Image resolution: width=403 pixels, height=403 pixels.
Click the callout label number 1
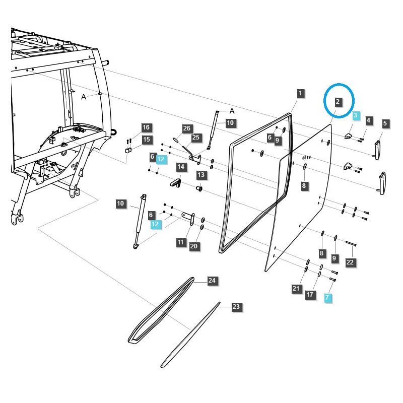(300, 93)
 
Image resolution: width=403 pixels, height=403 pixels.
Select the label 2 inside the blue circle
(338, 101)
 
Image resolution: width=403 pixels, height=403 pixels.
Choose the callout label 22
(350, 262)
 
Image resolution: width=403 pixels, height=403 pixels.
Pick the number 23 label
(236, 306)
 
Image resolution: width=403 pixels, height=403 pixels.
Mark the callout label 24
(212, 281)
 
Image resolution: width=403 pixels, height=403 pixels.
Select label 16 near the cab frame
(146, 127)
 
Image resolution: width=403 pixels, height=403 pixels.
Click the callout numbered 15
(146, 140)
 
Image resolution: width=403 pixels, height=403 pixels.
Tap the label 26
(186, 128)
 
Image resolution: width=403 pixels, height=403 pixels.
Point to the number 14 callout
(180, 166)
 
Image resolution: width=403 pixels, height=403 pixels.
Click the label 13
(201, 175)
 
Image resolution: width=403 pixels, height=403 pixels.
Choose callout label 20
(194, 246)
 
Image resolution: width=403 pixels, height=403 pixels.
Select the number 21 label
(296, 289)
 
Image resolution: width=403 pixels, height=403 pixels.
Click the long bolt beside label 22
(351, 244)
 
